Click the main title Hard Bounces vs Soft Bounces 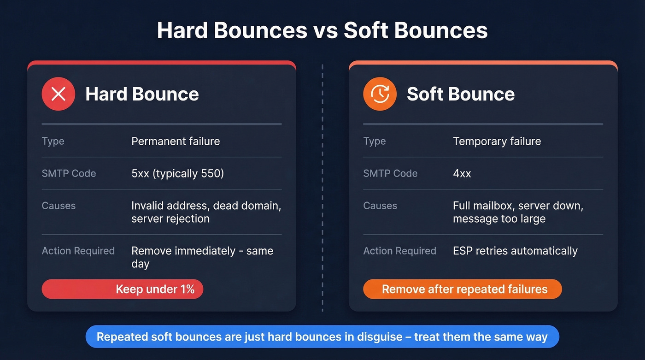tap(322, 31)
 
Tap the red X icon tap(58, 94)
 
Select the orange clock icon tap(380, 94)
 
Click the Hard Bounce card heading tap(142, 94)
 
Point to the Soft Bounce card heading tap(460, 94)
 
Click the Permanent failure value tap(176, 141)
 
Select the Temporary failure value tap(497, 141)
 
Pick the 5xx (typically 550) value tap(177, 173)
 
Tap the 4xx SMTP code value tap(462, 173)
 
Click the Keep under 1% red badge tap(123, 289)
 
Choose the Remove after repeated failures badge tap(463, 289)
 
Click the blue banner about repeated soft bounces tap(322, 337)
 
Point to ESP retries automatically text tap(515, 251)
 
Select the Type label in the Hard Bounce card tap(53, 141)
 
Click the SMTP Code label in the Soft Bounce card tap(390, 173)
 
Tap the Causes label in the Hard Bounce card tap(59, 206)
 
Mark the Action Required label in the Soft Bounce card tap(399, 251)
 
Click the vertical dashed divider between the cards tap(322, 184)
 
